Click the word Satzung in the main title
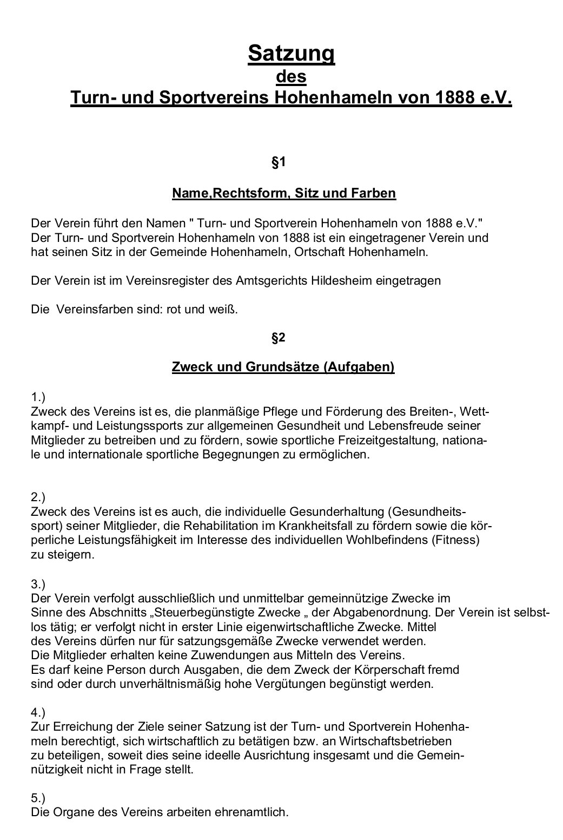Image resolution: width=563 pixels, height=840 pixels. pyautogui.click(x=291, y=54)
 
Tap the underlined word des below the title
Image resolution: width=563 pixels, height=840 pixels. pyautogui.click(x=291, y=76)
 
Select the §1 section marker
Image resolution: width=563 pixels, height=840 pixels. pyautogui.click(x=278, y=162)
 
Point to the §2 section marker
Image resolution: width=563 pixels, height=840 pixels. pyautogui.click(x=278, y=338)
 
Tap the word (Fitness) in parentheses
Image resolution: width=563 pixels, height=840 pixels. pyautogui.click(x=455, y=540)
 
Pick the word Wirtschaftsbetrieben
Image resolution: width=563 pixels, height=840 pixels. pyautogui.click(x=395, y=740)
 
